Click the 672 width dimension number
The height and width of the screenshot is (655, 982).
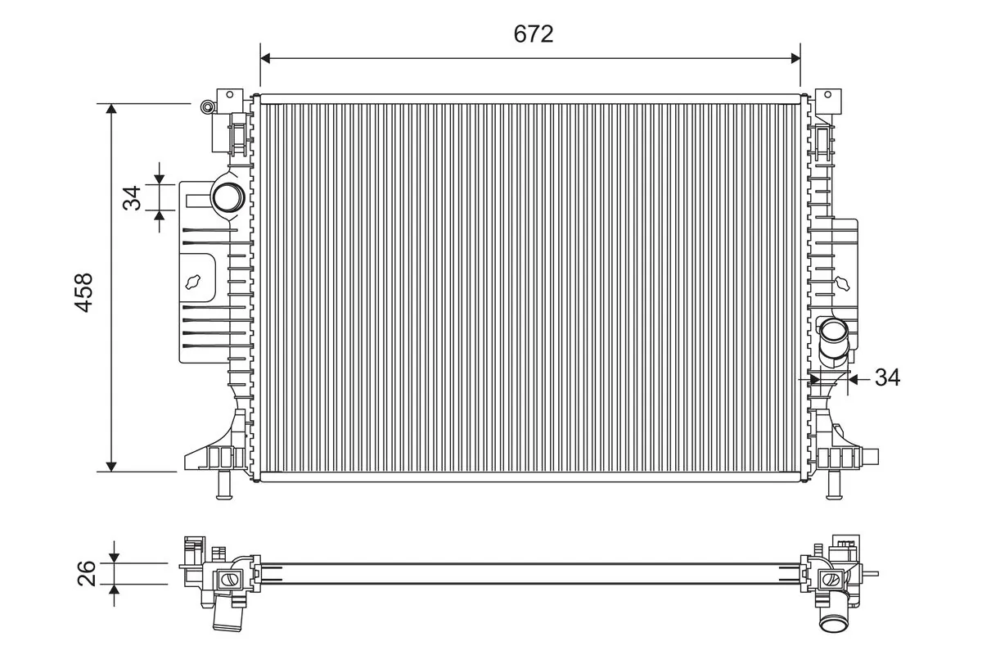click(x=534, y=34)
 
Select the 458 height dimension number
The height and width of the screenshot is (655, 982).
click(x=84, y=291)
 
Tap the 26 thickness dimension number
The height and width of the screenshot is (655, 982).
click(x=88, y=573)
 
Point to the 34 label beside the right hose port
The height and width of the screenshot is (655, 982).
click(x=887, y=377)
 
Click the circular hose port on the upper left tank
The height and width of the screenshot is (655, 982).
click(x=227, y=197)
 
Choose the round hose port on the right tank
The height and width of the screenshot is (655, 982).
click(x=835, y=332)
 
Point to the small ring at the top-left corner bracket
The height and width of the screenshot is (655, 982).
click(x=207, y=106)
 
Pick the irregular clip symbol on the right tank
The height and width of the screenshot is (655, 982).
click(x=843, y=282)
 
